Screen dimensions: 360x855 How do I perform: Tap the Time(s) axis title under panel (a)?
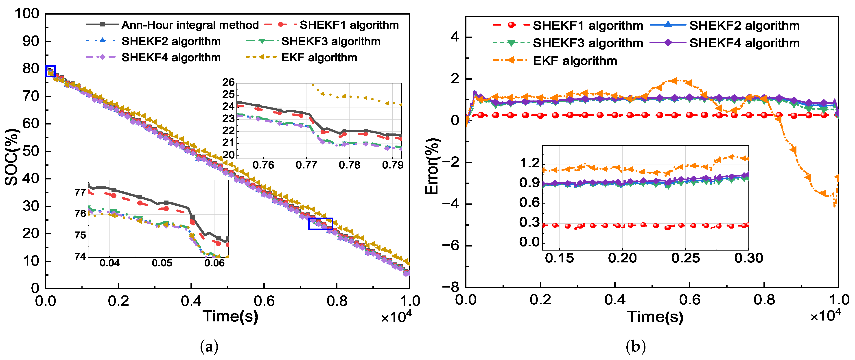pos(230,316)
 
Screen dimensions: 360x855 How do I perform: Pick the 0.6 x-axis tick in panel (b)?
pos(689,300)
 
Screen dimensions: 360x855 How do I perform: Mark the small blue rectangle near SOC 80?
pos(50,71)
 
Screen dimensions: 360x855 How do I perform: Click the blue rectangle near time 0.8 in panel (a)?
pos(321,224)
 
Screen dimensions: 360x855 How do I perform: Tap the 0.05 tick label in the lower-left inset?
pos(162,263)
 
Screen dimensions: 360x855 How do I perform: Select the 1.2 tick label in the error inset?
pos(530,163)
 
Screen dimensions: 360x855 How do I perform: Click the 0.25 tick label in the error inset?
pos(685,258)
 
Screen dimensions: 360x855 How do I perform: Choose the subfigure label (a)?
pos(209,347)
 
